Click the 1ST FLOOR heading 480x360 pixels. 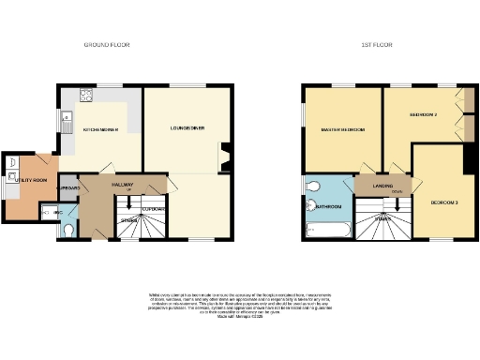point(377,45)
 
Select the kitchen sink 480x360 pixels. point(67,119)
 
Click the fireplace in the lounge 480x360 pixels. point(222,156)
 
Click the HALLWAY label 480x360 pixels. point(123,185)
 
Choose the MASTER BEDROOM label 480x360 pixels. point(341,129)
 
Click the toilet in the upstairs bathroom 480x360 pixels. point(313,185)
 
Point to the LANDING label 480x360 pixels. point(382,184)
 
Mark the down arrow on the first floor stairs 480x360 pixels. point(382,219)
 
